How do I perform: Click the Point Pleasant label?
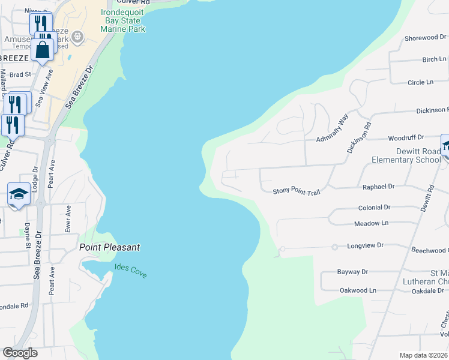pyautogui.click(x=109, y=247)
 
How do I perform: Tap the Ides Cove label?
pyautogui.click(x=130, y=270)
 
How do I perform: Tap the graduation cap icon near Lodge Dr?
pyautogui.click(x=19, y=194)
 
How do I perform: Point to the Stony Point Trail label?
pyautogui.click(x=297, y=191)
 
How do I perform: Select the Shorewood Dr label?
pyautogui.click(x=421, y=38)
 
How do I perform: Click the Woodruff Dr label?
pyautogui.click(x=406, y=137)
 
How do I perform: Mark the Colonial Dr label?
pyautogui.click(x=374, y=208)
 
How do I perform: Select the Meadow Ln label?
pyautogui.click(x=372, y=223)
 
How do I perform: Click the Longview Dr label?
pyautogui.click(x=365, y=246)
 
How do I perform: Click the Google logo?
pyautogui.click(x=20, y=353)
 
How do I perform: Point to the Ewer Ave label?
pyautogui.click(x=68, y=219)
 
